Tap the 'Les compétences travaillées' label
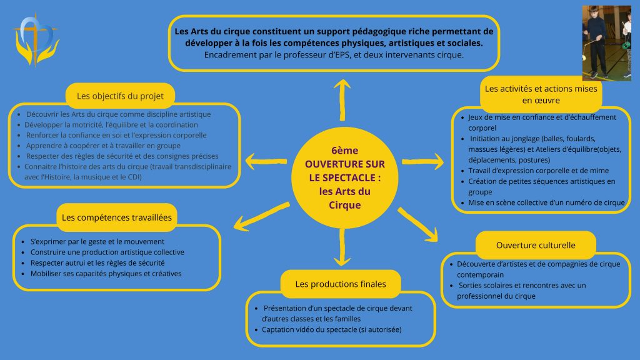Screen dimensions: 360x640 tap(117, 217)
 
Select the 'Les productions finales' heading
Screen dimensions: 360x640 tap(341, 284)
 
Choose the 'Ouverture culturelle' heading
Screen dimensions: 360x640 tap(536, 245)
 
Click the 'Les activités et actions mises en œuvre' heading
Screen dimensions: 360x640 tap(541, 94)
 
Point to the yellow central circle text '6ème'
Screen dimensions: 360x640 tap(342, 151)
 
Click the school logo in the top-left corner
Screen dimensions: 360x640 tap(36, 39)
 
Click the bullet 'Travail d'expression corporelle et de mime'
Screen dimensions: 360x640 tap(538, 171)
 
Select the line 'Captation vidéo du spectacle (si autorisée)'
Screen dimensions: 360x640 tap(331, 329)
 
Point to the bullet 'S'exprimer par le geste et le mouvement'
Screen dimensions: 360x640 tap(97, 241)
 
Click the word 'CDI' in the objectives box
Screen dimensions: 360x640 tap(134, 177)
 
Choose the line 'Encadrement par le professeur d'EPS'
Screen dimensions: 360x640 tap(334, 55)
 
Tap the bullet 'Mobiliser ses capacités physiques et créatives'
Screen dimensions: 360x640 tap(106, 273)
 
